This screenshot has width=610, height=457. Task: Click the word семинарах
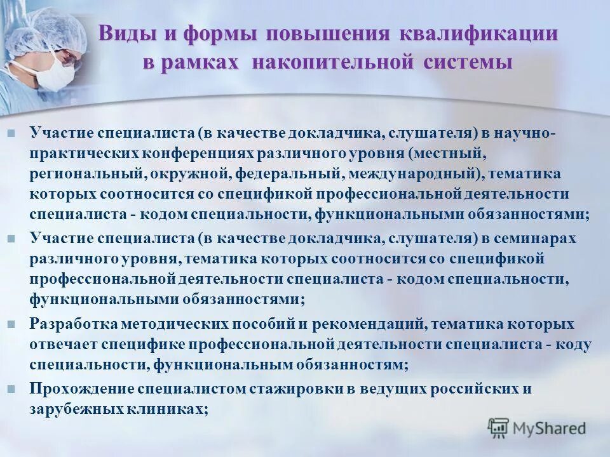(x=532, y=238)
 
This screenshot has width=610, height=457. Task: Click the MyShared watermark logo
(x=537, y=428)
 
